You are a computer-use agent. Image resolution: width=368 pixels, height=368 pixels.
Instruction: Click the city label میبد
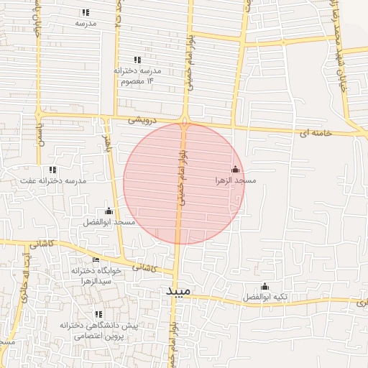(x=177, y=291)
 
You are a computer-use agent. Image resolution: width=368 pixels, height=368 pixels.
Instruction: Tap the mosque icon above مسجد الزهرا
(x=235, y=170)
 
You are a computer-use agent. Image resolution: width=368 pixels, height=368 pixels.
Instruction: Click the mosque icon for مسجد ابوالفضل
(x=109, y=211)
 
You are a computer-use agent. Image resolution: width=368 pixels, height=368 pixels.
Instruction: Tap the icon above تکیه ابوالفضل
(x=264, y=285)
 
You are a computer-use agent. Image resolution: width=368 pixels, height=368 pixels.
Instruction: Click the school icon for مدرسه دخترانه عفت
(x=53, y=170)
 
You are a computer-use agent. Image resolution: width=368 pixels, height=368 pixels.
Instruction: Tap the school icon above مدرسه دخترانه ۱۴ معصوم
(x=137, y=60)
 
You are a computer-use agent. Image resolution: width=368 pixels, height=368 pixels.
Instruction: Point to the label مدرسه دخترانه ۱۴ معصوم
(x=137, y=76)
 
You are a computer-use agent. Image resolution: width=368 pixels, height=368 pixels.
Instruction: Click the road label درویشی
(x=142, y=120)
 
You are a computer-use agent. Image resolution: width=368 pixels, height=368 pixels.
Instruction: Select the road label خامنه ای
(x=315, y=134)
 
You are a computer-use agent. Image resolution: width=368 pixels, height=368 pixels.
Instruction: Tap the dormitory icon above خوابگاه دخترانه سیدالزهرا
(x=96, y=259)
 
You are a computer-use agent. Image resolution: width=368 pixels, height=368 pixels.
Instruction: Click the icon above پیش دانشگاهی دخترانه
(x=98, y=314)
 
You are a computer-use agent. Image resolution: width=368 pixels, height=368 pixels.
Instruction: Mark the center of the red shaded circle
(x=184, y=183)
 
